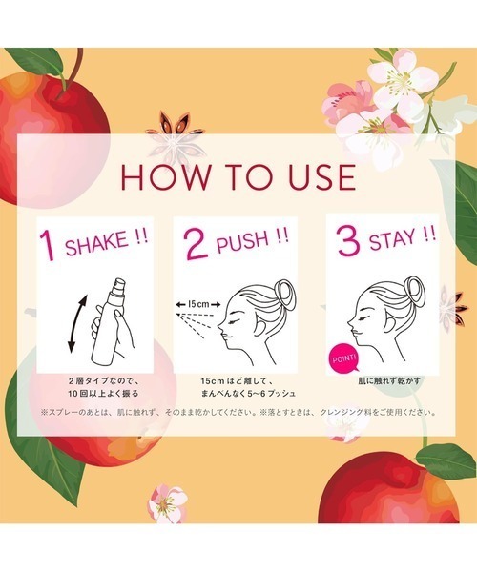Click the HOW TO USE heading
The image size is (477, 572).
pos(238,177)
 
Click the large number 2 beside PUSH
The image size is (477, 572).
pos(195,245)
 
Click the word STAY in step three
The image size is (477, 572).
pos(396,241)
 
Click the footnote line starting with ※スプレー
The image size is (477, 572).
pos(238,413)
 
